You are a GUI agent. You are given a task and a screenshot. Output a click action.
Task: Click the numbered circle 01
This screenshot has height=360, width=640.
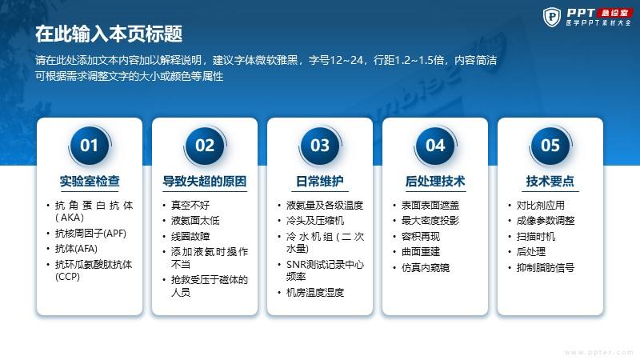pyautogui.click(x=90, y=146)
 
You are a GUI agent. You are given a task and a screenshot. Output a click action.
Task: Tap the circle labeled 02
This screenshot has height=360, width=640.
pyautogui.click(x=205, y=146)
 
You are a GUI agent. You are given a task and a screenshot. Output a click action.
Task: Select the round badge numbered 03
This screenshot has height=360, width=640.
pyautogui.click(x=319, y=146)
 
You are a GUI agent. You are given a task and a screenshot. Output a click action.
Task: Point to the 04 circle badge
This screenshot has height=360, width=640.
pyautogui.click(x=435, y=146)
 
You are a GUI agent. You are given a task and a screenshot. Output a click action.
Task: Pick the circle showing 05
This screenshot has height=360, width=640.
pyautogui.click(x=550, y=146)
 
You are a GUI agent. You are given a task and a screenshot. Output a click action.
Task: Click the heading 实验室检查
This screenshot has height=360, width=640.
pyautogui.click(x=90, y=181)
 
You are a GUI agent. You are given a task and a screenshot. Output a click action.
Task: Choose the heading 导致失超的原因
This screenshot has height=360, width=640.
pyautogui.click(x=205, y=181)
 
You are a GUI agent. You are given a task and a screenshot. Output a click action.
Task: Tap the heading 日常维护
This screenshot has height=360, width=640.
pyautogui.click(x=319, y=181)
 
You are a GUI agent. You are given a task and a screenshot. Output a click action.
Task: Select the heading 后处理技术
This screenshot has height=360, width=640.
pyautogui.click(x=435, y=181)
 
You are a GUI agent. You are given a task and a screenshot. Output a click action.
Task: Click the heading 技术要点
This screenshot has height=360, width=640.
pyautogui.click(x=550, y=181)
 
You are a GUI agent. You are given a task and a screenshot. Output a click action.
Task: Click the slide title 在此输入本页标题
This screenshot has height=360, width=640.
pyautogui.click(x=109, y=34)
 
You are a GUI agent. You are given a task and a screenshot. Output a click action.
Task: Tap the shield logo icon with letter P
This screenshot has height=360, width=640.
pyautogui.click(x=552, y=17)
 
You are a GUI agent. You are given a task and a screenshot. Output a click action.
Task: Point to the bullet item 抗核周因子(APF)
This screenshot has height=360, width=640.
pyautogui.click(x=90, y=233)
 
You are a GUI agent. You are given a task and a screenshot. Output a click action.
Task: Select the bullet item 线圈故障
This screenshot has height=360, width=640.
pyautogui.click(x=190, y=236)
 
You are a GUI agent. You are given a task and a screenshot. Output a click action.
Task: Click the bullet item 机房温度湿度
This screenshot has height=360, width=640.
pyautogui.click(x=315, y=292)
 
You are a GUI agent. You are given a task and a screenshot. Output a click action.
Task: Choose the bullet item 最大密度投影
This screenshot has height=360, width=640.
pyautogui.click(x=430, y=221)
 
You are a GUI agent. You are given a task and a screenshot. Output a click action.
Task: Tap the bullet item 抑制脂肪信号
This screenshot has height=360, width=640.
pyautogui.click(x=546, y=267)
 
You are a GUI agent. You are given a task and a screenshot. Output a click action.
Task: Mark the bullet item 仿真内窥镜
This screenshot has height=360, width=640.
pyautogui.click(x=426, y=267)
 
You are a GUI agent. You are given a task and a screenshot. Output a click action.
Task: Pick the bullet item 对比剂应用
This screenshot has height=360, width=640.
pyautogui.click(x=541, y=205)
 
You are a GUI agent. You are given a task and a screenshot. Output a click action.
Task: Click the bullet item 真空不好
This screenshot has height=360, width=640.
pyautogui.click(x=190, y=205)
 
